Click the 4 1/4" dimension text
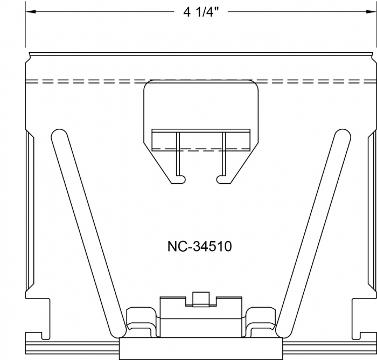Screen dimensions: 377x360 click(201, 12)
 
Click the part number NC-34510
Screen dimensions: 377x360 click(200, 246)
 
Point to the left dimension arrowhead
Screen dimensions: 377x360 click(31, 11)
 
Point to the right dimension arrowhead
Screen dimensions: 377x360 click(371, 11)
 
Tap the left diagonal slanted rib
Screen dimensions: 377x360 click(88, 233)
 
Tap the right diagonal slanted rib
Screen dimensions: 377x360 click(313, 233)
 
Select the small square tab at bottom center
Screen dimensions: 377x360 click(201, 299)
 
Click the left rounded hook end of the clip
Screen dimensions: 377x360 click(181, 179)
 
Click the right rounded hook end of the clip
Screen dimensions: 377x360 click(221, 179)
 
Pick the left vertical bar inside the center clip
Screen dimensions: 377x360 click(178, 154)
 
